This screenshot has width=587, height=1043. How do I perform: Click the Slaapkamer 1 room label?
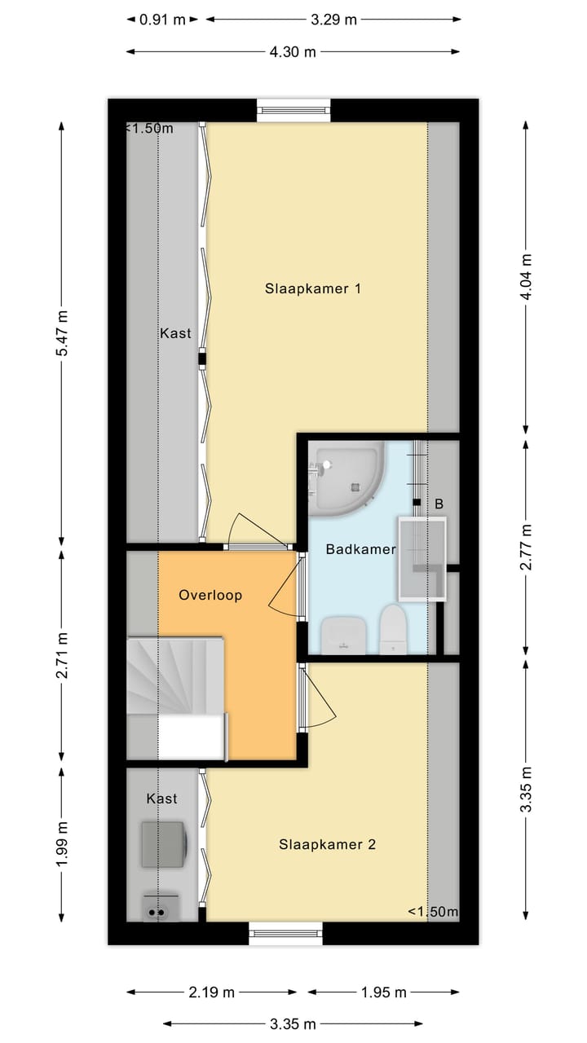(x=312, y=288)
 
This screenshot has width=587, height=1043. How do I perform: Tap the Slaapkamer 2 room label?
(x=327, y=844)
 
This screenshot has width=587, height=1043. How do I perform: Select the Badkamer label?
(x=360, y=549)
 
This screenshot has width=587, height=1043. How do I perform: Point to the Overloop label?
(x=210, y=595)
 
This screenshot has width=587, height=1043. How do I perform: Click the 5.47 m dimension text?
(x=62, y=333)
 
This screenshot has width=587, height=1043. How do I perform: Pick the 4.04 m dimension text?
(x=526, y=276)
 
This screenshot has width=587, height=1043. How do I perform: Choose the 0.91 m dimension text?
(x=162, y=20)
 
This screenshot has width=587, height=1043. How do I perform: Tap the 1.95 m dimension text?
(x=384, y=992)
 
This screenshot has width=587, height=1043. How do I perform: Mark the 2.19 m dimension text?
(x=211, y=992)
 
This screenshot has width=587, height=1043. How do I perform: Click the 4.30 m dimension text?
(x=293, y=51)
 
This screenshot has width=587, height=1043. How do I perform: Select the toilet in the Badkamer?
(x=393, y=630)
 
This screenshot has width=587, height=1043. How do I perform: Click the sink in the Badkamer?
(x=344, y=635)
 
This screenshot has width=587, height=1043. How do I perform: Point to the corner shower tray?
(x=346, y=478)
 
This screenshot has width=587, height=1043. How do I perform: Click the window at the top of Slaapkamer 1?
(x=293, y=110)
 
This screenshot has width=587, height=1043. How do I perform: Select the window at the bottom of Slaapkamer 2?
(x=285, y=933)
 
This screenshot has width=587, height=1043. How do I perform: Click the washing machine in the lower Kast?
(x=164, y=845)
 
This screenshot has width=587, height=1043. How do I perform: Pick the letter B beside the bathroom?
(x=439, y=504)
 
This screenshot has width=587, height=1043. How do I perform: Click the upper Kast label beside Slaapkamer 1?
(x=175, y=333)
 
